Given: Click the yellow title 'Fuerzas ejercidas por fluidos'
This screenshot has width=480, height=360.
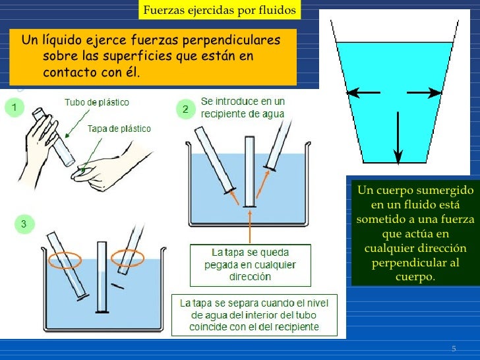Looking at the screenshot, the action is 220,10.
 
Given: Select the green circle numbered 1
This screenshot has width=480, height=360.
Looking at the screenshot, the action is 14,107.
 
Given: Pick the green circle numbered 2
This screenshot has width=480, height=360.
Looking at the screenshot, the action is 185,109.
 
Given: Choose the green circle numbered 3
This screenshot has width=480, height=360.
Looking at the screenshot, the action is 24,224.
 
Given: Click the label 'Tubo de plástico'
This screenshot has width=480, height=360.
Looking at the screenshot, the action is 97,102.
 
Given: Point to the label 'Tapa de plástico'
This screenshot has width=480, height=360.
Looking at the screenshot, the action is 119,129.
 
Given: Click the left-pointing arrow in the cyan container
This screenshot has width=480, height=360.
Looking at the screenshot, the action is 363,92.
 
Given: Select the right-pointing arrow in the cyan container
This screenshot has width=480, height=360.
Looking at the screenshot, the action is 424,92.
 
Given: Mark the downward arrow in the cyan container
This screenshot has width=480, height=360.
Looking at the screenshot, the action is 398,137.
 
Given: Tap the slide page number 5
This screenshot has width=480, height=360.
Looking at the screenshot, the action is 454,348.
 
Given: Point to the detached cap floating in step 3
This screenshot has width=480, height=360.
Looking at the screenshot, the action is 117,286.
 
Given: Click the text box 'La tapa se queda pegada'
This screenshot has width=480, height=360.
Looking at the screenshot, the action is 251,265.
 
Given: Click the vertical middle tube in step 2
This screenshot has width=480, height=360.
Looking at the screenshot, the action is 249,171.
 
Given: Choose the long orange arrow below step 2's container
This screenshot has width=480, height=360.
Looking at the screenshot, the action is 250,227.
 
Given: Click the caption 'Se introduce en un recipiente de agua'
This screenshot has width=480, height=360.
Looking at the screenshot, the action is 243,107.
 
